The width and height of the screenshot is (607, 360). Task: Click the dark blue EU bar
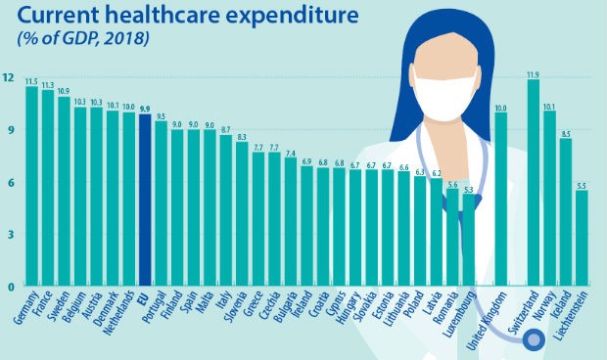click(x=145, y=201)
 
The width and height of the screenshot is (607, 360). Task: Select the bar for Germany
click(x=31, y=186)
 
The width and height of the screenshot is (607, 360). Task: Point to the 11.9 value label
click(x=533, y=73)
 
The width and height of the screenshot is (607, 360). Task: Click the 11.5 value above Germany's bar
click(x=31, y=81)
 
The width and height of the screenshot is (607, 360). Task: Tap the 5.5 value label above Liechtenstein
click(x=582, y=185)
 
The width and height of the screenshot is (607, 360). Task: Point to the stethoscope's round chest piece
click(x=535, y=340)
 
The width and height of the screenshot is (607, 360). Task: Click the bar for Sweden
click(x=64, y=191)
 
